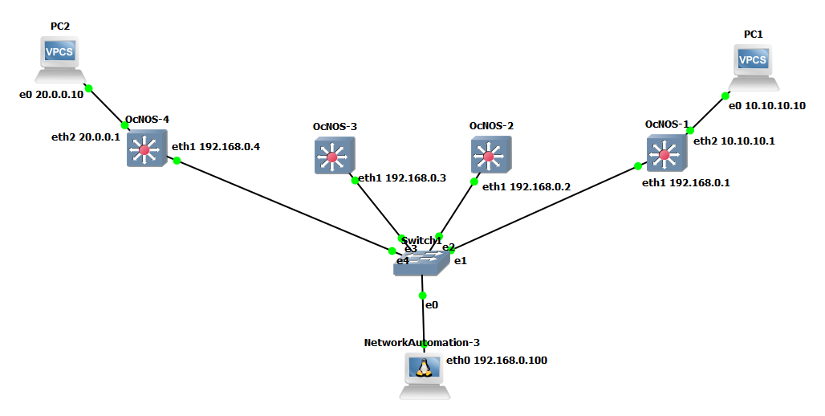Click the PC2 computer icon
[x=60, y=59]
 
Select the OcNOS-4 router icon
[x=145, y=149]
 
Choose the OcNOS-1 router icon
[x=665, y=153]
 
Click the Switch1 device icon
[x=422, y=261]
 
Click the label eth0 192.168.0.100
[x=496, y=361]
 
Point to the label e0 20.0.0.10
[x=51, y=95]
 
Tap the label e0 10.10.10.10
[x=766, y=105]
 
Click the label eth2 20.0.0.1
[x=85, y=137]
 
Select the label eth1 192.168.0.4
[x=215, y=147]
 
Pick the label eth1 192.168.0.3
[x=401, y=177]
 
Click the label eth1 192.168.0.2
[x=526, y=186]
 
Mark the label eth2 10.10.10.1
[x=733, y=141]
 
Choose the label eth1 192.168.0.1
[x=685, y=183]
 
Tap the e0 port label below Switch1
[x=432, y=305]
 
